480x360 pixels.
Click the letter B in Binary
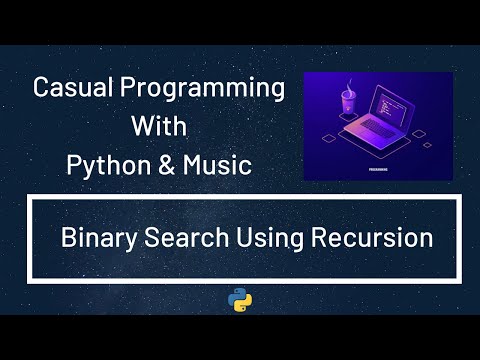tap(68, 239)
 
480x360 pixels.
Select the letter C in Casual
tap(41, 88)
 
